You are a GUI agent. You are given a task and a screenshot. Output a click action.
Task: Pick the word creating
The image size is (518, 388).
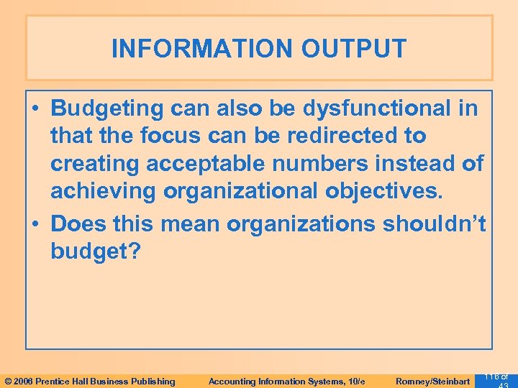coord(95,163)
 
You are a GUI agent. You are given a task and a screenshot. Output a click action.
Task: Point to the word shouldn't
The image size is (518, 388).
coord(435,223)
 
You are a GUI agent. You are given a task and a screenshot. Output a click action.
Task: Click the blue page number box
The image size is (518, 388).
coord(496,379)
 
